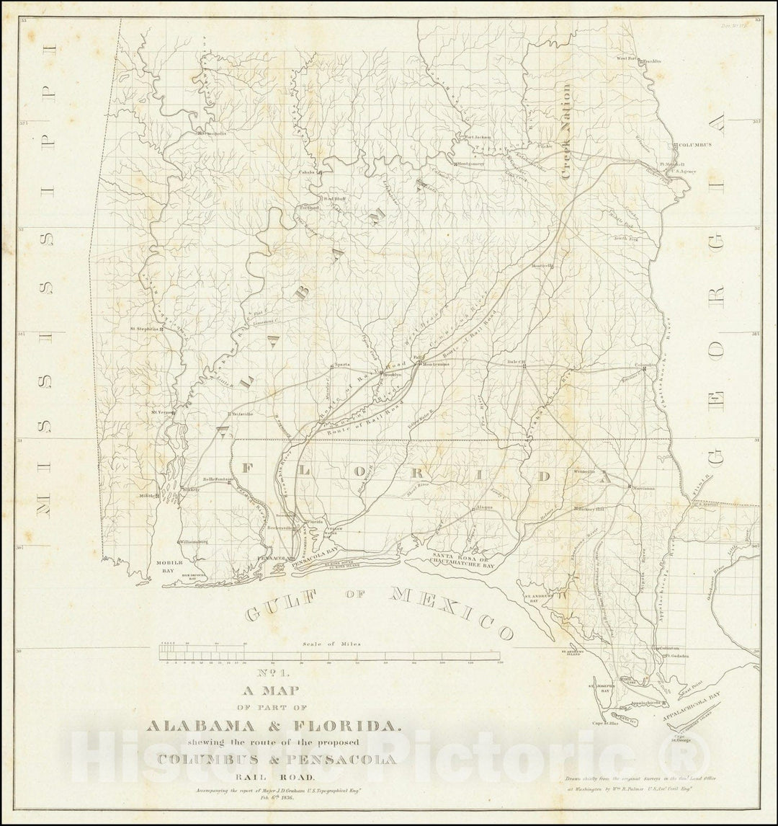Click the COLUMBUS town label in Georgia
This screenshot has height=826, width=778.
[x=695, y=145]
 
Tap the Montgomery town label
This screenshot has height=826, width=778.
[x=472, y=164]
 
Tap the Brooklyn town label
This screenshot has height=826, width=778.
[x=392, y=375]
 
